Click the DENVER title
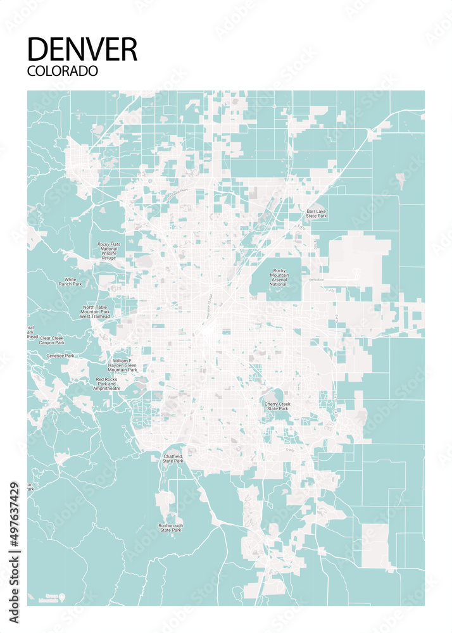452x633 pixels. (82, 49)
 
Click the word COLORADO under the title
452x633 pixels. (63, 71)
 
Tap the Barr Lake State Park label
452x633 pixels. (317, 214)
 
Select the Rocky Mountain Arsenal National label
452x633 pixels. (279, 277)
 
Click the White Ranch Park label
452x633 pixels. (70, 282)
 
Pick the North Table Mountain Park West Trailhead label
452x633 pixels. (96, 312)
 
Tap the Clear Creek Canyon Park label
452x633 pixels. (52, 341)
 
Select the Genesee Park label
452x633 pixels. (60, 356)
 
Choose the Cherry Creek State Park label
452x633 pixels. (277, 406)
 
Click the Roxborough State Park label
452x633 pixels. (171, 527)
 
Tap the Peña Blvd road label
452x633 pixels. (317, 280)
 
